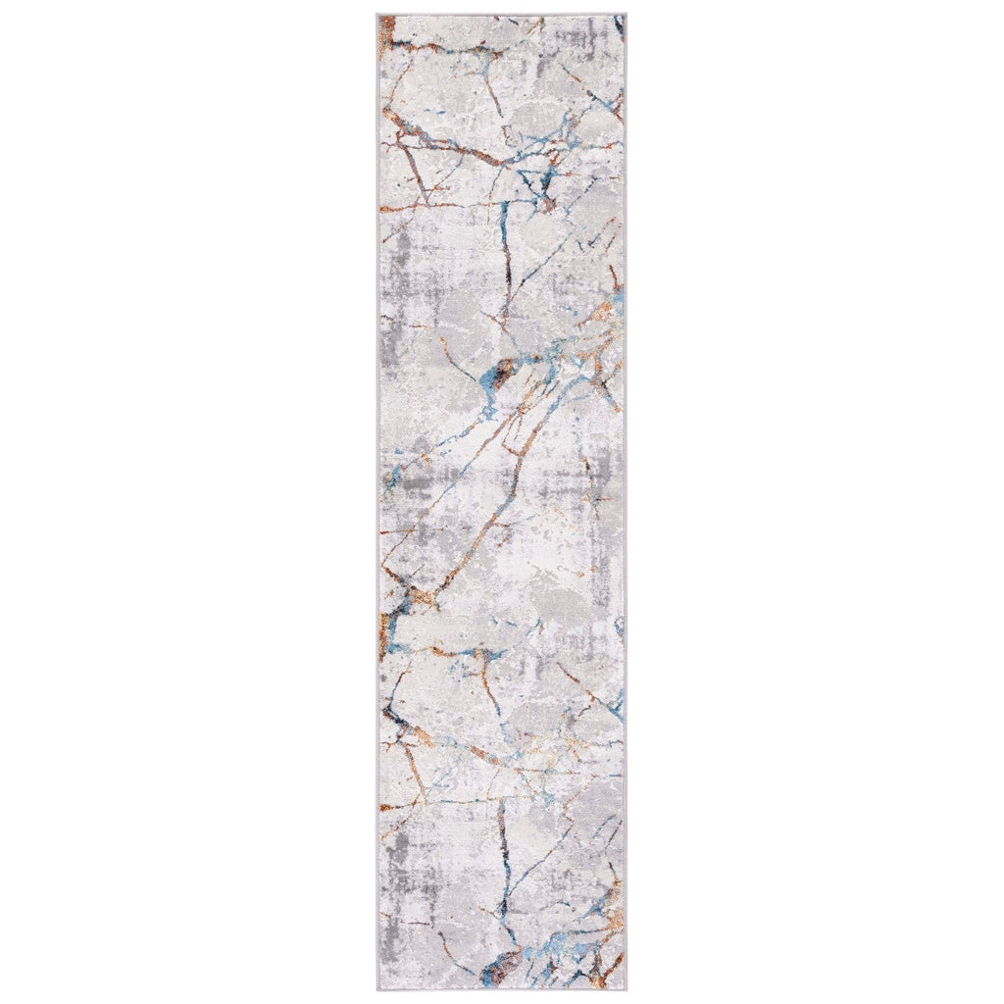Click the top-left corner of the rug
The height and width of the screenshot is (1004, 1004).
(377, 15)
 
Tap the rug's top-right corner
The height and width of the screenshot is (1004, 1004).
(626, 15)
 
